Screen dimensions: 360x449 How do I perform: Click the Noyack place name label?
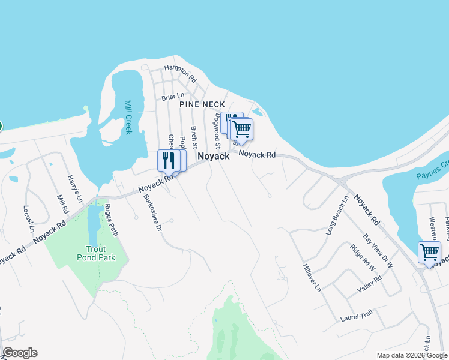click(x=214, y=156)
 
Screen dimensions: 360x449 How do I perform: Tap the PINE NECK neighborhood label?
click(x=202, y=104)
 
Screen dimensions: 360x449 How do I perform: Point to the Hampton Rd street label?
click(x=181, y=73)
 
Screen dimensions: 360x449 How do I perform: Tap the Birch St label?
click(x=194, y=137)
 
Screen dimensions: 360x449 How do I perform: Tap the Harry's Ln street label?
click(x=74, y=188)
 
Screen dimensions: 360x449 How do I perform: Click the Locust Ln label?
click(x=28, y=218)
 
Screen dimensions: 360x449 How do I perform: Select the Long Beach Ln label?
click(x=337, y=215)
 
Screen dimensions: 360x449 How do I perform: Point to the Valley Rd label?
click(x=369, y=284)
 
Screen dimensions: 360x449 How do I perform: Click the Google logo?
click(x=20, y=353)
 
